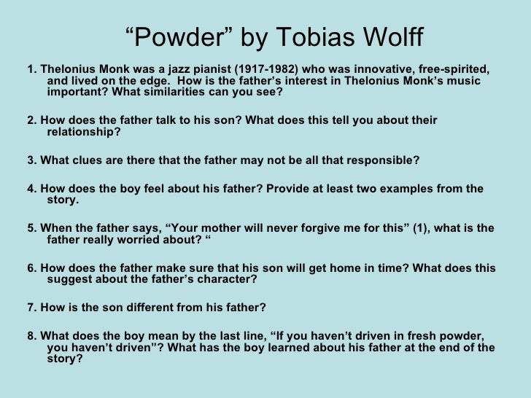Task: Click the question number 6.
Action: [31, 268]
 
